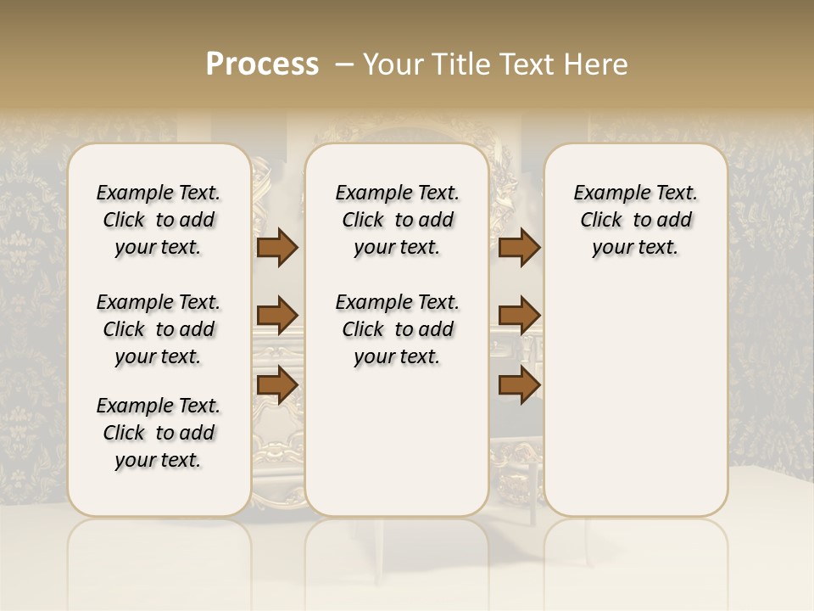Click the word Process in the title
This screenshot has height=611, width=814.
[262, 64]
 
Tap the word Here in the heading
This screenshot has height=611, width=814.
[598, 64]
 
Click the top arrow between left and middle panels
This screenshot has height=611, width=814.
[277, 248]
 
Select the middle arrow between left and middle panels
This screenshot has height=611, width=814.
[277, 316]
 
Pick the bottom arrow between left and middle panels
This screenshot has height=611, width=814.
[277, 384]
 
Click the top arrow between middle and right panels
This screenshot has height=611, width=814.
[519, 248]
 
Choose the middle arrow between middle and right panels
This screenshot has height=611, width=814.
[519, 316]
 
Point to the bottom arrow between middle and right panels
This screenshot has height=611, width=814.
[519, 384]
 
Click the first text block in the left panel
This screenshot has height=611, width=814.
[159, 220]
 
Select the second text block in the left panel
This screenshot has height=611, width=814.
[159, 329]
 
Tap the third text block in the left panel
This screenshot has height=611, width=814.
[159, 433]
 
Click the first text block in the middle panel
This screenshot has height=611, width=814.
[397, 220]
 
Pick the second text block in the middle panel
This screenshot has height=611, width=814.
[397, 329]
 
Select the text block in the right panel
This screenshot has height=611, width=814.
[636, 220]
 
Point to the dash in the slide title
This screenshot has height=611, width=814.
[345, 64]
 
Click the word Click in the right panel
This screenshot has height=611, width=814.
[601, 221]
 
